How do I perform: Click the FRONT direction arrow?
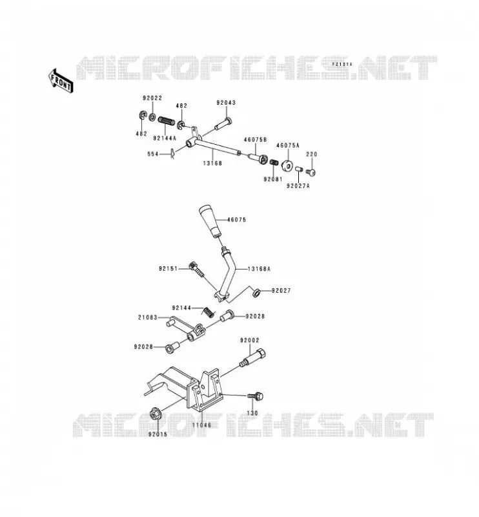(x=61, y=80)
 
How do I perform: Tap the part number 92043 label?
(x=226, y=103)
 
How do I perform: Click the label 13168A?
(x=259, y=269)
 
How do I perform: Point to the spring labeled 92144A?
(x=167, y=121)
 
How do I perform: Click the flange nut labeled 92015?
(x=154, y=414)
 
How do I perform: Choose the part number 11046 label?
(x=201, y=425)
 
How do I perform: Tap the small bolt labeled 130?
(x=255, y=396)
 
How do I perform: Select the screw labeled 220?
(x=311, y=172)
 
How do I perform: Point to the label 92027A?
(x=298, y=186)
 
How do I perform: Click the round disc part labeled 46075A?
(x=287, y=165)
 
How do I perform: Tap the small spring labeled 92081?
(x=274, y=162)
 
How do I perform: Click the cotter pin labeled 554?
(x=172, y=154)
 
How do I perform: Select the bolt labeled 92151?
(x=196, y=269)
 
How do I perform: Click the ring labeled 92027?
(x=256, y=293)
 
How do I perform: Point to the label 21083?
(x=148, y=317)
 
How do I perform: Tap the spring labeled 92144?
(x=208, y=312)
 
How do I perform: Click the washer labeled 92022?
(x=152, y=117)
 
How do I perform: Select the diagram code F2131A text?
(x=342, y=64)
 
